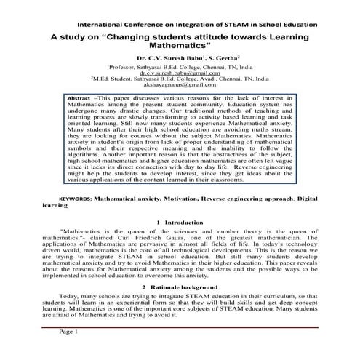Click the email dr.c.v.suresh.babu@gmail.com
[180, 74]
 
